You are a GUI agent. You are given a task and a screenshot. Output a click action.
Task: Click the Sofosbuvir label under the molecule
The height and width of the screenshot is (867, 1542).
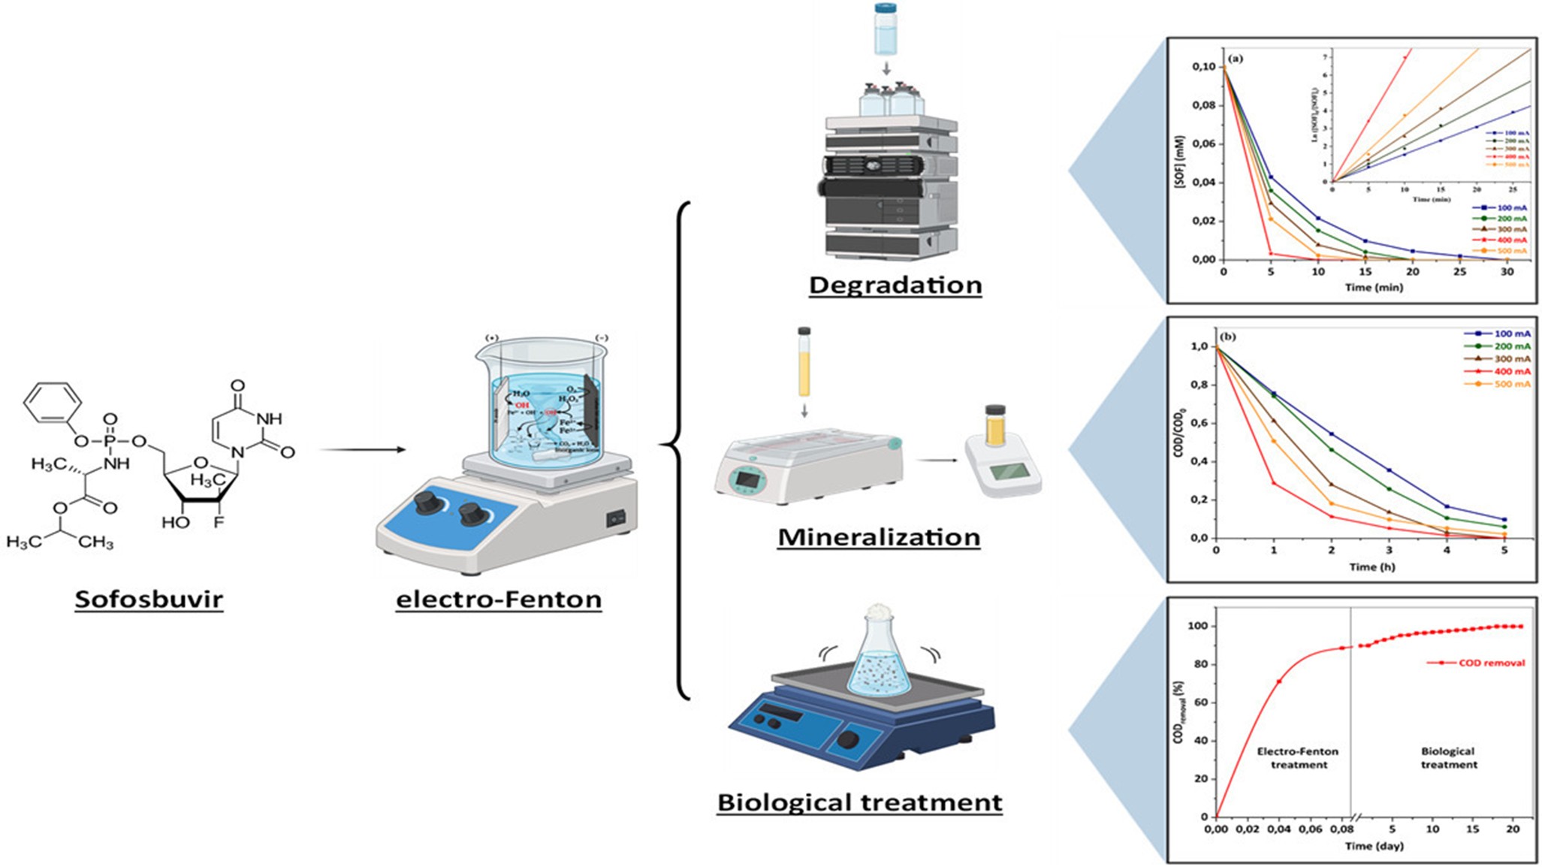[x=149, y=600]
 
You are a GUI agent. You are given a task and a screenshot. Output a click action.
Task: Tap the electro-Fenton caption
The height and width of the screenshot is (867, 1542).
[x=499, y=600]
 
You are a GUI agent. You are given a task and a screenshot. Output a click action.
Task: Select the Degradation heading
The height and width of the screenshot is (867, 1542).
[x=895, y=285]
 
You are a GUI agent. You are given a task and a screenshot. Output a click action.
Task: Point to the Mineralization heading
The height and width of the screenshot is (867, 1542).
[x=879, y=537]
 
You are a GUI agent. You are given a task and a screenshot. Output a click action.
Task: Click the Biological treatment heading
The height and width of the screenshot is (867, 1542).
[x=860, y=802]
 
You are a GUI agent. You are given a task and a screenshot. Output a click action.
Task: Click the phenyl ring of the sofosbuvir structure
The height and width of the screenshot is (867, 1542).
[x=53, y=404]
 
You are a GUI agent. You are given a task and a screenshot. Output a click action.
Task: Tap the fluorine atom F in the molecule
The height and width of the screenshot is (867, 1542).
[x=219, y=521]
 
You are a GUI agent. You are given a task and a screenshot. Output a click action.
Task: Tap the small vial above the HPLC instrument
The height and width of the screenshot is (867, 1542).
[x=886, y=30]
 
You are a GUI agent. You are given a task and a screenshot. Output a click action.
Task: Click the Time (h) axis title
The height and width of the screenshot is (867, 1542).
[x=1372, y=566]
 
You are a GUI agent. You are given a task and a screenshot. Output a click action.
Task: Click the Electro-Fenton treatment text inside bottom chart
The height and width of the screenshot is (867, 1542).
[x=1298, y=757]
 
